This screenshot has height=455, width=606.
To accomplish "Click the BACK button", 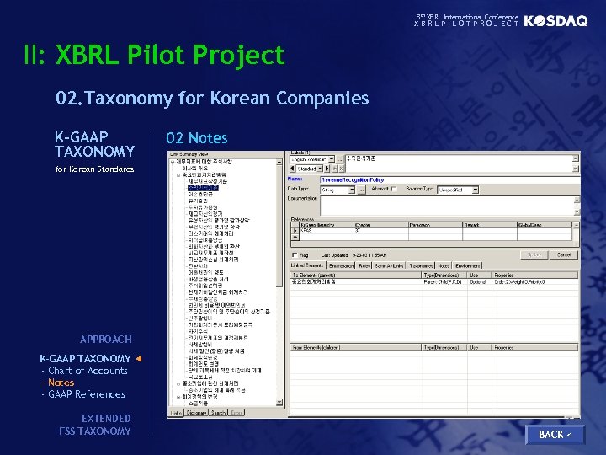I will pos(554,434).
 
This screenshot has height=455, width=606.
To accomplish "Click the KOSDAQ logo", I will pos(555,21).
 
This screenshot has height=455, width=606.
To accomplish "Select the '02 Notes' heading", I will pos(196,137).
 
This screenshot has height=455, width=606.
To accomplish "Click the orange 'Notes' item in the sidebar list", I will pos(61,383).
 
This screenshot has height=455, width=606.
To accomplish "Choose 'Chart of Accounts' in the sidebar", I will pos(88,371).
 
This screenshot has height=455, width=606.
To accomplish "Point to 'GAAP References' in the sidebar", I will pos(87,394).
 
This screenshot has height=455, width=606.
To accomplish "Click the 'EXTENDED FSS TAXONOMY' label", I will pos(95,425).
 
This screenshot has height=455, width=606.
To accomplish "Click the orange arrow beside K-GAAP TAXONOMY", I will pos(139,359).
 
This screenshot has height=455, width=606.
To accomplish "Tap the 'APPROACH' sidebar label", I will pos(106,339).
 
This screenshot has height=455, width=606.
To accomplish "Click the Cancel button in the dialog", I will pos(564,254).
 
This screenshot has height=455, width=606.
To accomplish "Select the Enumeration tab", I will pos(341,265).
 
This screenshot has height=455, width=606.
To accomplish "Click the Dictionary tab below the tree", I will pos(195,413).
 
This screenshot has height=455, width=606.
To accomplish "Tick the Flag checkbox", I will pos(294,255).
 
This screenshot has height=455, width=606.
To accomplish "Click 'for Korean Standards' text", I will pos(94,169).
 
